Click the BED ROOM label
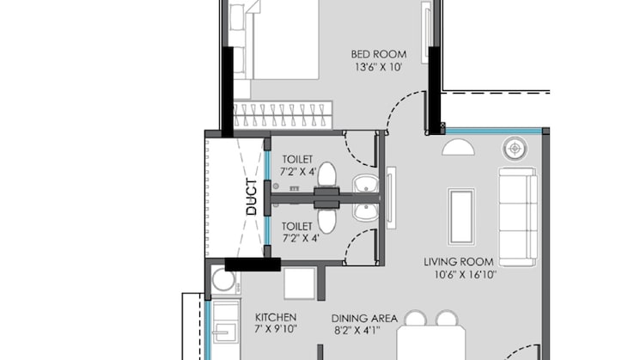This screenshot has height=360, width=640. click(379, 53)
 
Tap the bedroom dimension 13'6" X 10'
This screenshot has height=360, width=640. click(379, 66)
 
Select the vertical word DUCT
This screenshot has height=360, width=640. click(251, 196)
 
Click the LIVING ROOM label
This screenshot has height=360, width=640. click(458, 261)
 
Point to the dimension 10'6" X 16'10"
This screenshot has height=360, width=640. click(458, 275)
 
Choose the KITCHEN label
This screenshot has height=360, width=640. click(275, 316)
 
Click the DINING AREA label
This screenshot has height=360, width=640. click(364, 317)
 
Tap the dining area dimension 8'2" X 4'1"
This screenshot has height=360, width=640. click(364, 329)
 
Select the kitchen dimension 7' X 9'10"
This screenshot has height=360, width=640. click(275, 329)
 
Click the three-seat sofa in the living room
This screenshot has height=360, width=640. click(517, 216)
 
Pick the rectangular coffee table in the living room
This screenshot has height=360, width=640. click(460, 216)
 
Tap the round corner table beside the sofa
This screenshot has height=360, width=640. click(515, 148)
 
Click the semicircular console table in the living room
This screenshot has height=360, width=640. click(458, 148)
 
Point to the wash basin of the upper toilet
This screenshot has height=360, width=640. click(364, 185)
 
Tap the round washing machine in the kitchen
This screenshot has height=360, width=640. click(222, 280)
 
